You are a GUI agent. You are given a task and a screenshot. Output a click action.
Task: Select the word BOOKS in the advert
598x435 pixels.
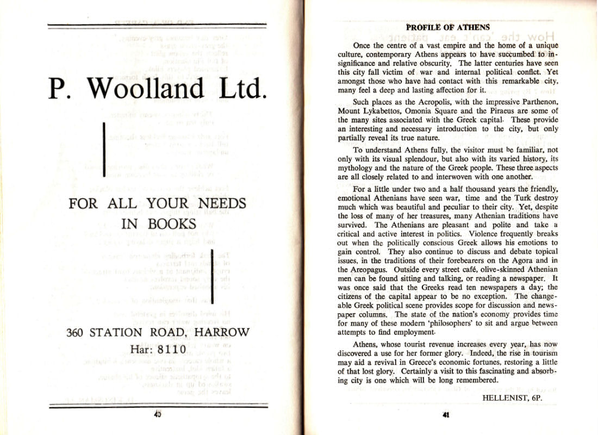(x=169, y=223)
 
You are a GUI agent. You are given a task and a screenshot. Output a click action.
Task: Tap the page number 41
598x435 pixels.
(x=445, y=415)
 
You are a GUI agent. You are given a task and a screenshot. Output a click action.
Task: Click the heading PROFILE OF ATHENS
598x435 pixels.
(x=448, y=27)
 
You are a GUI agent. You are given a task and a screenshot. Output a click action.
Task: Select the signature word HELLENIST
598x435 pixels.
(x=505, y=397)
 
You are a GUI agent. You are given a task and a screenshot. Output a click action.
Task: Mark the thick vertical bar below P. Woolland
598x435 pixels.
(x=104, y=150)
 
